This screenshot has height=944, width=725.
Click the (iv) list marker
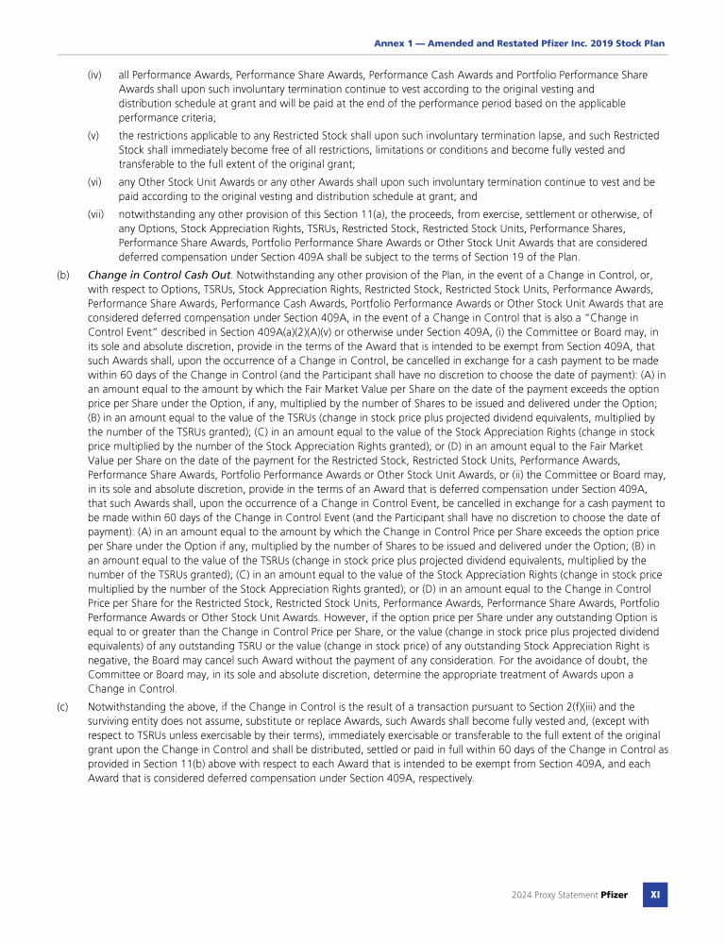pos(94,74)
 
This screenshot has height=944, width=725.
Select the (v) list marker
pos(93,136)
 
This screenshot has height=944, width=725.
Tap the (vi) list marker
pos(94,182)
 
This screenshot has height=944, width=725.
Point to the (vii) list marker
pos(95,214)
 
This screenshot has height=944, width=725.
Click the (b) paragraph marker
pos(63,275)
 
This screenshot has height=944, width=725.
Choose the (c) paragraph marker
pos(63,705)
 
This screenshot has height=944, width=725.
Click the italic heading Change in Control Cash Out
pos(145,275)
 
